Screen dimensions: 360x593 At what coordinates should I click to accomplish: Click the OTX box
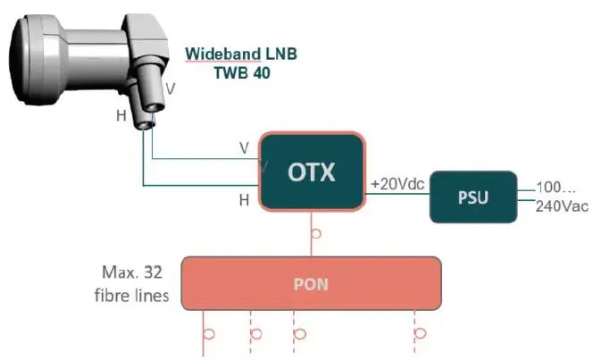312,171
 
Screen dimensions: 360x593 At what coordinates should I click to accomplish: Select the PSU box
473,196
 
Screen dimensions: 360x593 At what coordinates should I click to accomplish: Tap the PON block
312,285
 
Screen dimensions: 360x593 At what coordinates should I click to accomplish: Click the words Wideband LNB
240,54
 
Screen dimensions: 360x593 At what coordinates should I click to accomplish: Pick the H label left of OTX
244,200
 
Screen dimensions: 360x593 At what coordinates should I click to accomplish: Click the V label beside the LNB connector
171,88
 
